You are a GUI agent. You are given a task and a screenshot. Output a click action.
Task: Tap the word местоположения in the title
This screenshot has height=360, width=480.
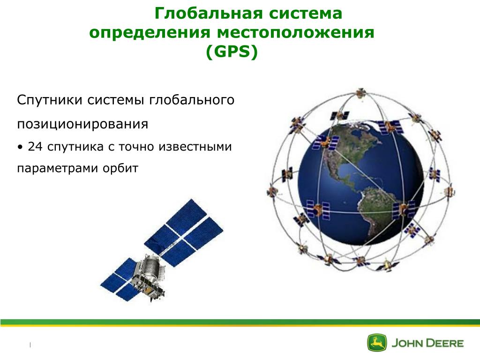tap(296, 32)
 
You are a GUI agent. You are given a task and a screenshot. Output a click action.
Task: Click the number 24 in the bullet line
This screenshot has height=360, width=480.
tap(35, 147)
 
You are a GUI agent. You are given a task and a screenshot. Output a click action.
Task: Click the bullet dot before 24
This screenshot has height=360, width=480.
tap(20, 147)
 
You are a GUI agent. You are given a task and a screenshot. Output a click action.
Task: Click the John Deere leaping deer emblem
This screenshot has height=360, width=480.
tap(377, 343)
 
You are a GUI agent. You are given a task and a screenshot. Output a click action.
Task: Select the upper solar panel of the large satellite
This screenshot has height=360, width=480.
tap(184, 232)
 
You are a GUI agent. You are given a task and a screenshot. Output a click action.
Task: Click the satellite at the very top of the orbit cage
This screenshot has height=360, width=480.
tap(361, 93)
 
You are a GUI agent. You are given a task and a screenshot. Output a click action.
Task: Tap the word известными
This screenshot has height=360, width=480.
tap(195, 147)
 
